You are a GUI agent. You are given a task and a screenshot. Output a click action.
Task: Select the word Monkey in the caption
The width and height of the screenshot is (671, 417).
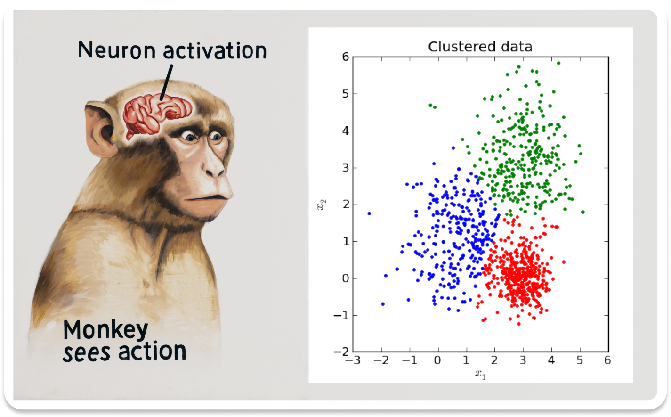(105, 330)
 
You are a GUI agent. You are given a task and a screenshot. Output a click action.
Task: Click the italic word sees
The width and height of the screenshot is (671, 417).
(87, 352)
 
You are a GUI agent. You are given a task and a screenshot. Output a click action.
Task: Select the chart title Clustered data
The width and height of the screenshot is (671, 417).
(480, 47)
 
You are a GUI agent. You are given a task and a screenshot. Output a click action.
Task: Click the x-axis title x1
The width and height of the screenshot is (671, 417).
(480, 375)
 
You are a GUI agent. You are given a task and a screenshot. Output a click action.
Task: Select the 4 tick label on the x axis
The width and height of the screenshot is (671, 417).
(551, 360)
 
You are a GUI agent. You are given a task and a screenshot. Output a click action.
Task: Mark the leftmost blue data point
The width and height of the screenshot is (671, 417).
(369, 213)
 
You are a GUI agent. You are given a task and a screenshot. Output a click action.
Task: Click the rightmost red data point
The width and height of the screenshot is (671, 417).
(563, 262)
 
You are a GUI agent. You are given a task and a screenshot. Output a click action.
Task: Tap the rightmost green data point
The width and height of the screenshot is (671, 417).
(582, 212)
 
